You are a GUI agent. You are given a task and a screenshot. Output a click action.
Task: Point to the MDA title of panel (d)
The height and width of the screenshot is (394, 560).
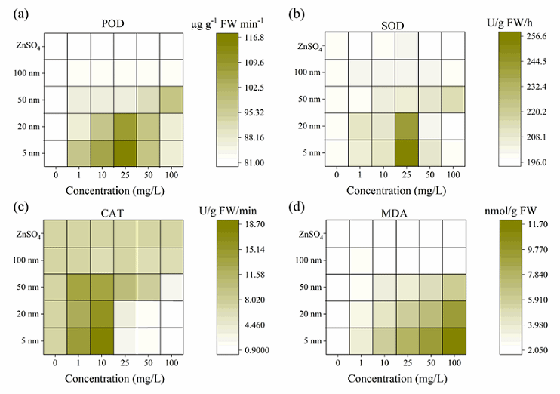[x=391, y=216]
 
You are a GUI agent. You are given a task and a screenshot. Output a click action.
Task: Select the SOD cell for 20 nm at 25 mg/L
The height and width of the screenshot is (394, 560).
[x=405, y=126]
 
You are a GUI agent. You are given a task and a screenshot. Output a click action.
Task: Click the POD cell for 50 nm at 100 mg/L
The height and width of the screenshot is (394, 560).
[x=171, y=100]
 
